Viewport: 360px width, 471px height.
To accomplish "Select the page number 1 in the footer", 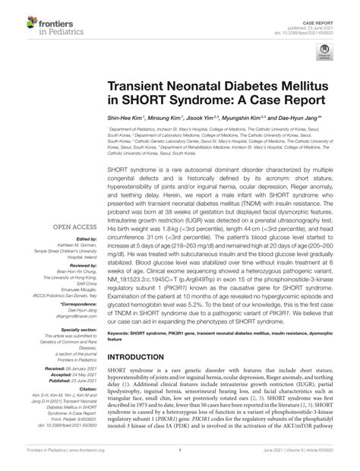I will [x=179, y=460].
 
